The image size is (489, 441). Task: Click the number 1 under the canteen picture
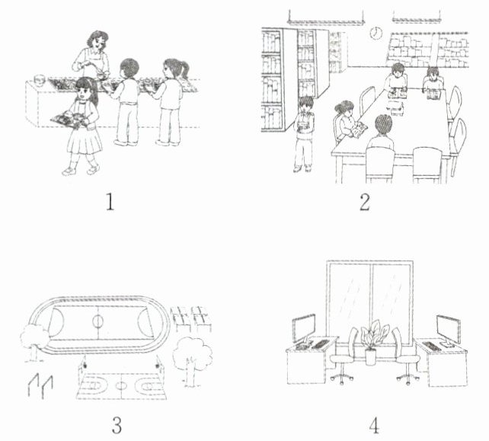[x=110, y=202]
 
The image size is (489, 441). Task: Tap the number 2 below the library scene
[x=365, y=202]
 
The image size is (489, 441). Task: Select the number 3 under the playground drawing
[x=117, y=425]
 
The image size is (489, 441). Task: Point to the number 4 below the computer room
[x=374, y=425]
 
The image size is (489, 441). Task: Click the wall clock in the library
[x=376, y=33]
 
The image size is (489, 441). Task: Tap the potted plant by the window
[x=373, y=342]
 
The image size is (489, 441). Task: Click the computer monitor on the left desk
[x=304, y=329]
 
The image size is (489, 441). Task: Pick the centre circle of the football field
[x=97, y=321]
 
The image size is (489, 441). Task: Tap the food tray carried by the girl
[x=70, y=120]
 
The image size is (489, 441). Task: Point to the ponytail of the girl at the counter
[x=184, y=69]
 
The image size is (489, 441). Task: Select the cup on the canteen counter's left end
[x=40, y=80]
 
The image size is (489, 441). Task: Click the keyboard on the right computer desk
[x=432, y=347]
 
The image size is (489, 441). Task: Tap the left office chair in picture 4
[x=344, y=356]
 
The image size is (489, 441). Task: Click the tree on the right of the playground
[x=193, y=360]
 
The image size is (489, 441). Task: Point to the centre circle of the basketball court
[x=121, y=385]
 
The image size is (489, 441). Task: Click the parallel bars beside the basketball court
[x=40, y=386]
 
